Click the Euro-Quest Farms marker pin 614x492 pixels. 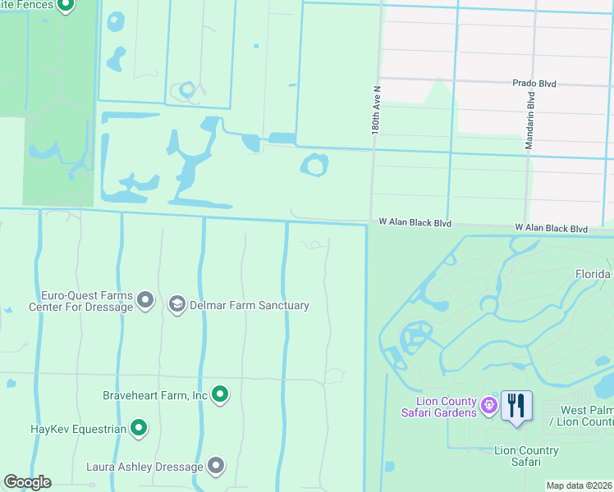(145, 300)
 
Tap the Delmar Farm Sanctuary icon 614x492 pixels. (176, 305)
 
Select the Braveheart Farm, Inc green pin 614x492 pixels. (220, 395)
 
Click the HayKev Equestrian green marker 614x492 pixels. (139, 428)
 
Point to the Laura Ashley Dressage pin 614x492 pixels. (216, 467)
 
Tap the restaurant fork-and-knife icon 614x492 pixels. (516, 406)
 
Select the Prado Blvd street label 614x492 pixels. (534, 84)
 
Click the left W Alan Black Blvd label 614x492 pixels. (415, 222)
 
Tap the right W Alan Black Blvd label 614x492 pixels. (552, 229)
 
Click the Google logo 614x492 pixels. (27, 482)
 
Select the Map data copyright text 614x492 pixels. (579, 485)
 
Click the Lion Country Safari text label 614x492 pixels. (526, 456)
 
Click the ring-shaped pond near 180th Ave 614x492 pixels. (314, 166)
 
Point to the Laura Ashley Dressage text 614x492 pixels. (144, 467)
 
